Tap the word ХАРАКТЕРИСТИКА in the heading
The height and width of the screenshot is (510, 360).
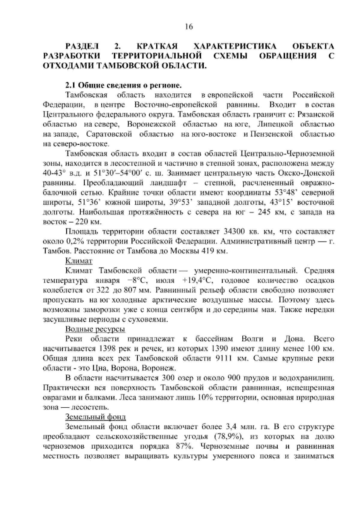click(235, 47)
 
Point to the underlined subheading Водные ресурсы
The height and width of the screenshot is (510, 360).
click(95, 329)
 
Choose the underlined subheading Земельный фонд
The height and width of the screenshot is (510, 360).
click(95, 417)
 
